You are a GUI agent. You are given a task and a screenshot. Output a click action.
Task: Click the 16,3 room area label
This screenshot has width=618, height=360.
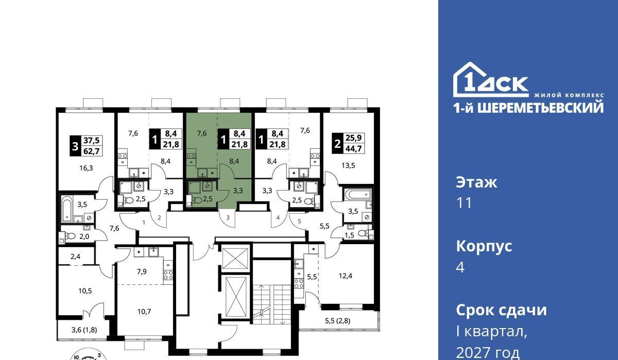pyautogui.click(x=86, y=168)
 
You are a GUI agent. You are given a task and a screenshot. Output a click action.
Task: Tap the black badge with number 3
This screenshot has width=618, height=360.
pyautogui.click(x=75, y=146)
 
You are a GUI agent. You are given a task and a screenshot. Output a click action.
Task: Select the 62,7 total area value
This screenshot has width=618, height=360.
pyautogui.click(x=91, y=151)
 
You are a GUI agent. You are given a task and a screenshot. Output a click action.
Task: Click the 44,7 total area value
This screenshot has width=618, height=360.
pyautogui.click(x=353, y=149)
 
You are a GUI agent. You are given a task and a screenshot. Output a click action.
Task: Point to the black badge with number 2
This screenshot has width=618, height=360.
pyautogui.click(x=337, y=144)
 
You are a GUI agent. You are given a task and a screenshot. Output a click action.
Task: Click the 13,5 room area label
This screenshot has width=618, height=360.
pyautogui.click(x=348, y=165)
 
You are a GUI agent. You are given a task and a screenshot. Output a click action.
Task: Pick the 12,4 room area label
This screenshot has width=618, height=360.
pyautogui.click(x=346, y=276)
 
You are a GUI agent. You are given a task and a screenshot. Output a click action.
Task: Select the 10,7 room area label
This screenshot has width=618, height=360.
pyautogui.click(x=144, y=312)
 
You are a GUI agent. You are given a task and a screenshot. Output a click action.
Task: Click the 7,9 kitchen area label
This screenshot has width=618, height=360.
pyautogui.click(x=142, y=271)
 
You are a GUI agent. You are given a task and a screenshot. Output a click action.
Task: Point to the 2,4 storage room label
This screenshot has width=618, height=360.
pyautogui.click(x=75, y=256)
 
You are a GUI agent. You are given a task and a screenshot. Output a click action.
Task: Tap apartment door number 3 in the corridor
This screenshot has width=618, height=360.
pyautogui.click(x=228, y=218)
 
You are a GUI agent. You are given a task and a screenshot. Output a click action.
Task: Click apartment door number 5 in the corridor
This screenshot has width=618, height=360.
pyautogui.click(x=299, y=221)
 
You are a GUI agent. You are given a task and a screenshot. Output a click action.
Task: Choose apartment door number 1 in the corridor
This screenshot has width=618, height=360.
pyautogui.click(x=144, y=222)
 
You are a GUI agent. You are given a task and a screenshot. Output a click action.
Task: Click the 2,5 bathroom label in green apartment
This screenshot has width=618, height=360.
pyautogui.click(x=208, y=199)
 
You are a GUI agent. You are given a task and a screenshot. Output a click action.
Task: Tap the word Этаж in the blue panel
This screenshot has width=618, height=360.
pyautogui.click(x=476, y=182)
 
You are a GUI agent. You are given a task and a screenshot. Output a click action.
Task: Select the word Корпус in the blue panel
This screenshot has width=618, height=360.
pyautogui.click(x=484, y=246)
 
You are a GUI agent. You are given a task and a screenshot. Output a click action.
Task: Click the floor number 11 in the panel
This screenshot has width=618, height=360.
pyautogui.click(x=465, y=203)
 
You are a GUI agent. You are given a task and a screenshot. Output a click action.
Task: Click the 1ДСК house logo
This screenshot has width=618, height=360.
pyautogui.click(x=491, y=80)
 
